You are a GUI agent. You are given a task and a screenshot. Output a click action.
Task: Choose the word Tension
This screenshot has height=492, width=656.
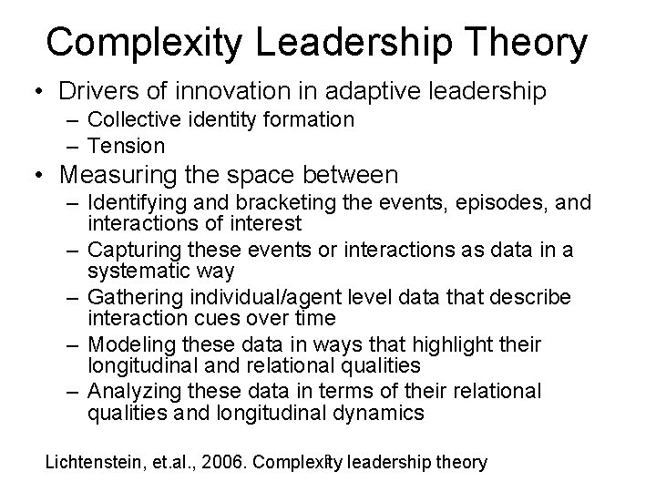coord(127,145)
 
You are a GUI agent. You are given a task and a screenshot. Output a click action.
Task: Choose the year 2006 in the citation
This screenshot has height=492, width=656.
coord(225,462)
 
